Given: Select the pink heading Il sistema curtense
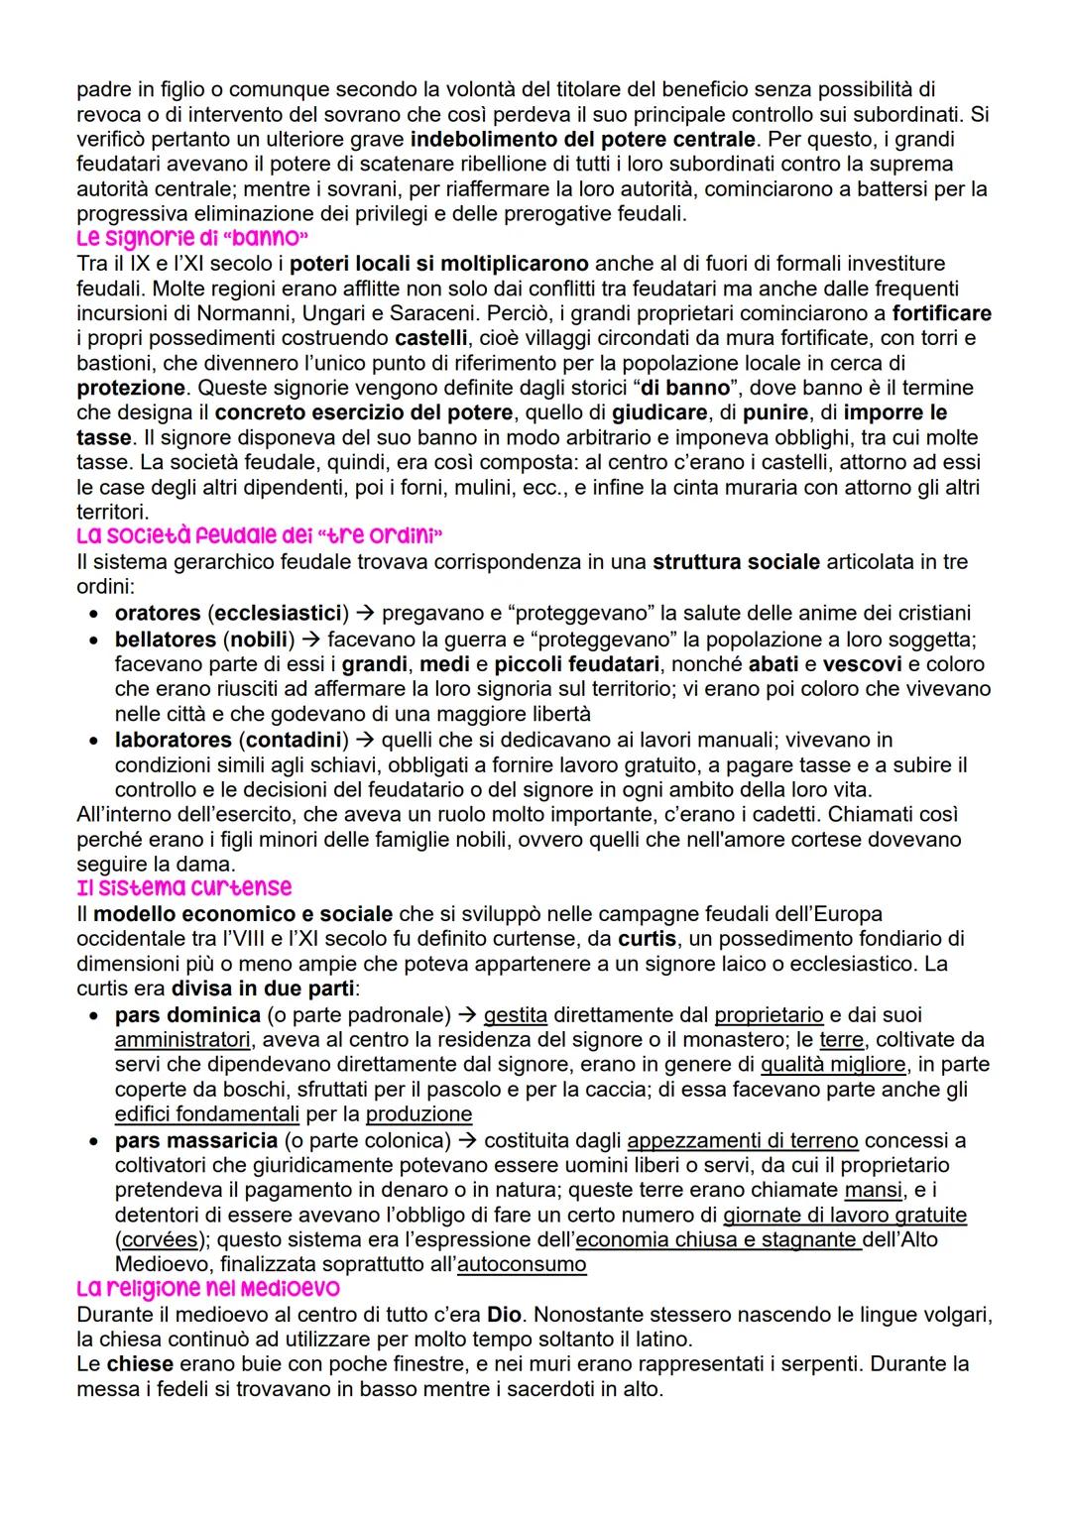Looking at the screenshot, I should pos(184,887).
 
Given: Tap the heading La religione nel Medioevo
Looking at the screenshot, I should pos(208,1289).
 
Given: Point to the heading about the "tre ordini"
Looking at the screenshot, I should pos(260,536).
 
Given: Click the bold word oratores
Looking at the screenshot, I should pos(157,614).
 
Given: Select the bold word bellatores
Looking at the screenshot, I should pos(165,640).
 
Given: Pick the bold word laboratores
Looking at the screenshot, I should pos(173,740).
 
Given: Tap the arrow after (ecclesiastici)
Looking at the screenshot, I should pos(364,614).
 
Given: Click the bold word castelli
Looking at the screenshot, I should pos(423,338).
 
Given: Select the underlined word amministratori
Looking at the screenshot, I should pos(182,1040).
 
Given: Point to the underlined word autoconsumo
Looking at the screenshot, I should pos(522,1265).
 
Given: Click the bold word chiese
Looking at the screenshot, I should pos(140,1364).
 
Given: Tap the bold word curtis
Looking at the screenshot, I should pos(647,939).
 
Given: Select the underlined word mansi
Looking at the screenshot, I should pos(873,1190).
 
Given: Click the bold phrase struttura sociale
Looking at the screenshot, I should pos(736,562).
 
